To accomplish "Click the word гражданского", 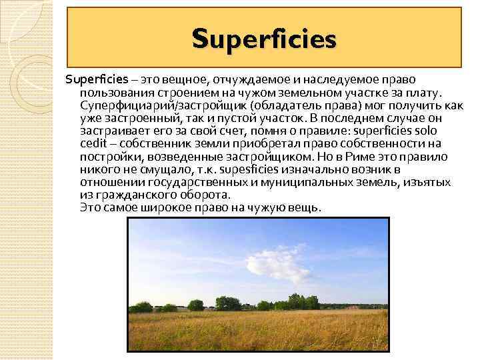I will tap(136, 195).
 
